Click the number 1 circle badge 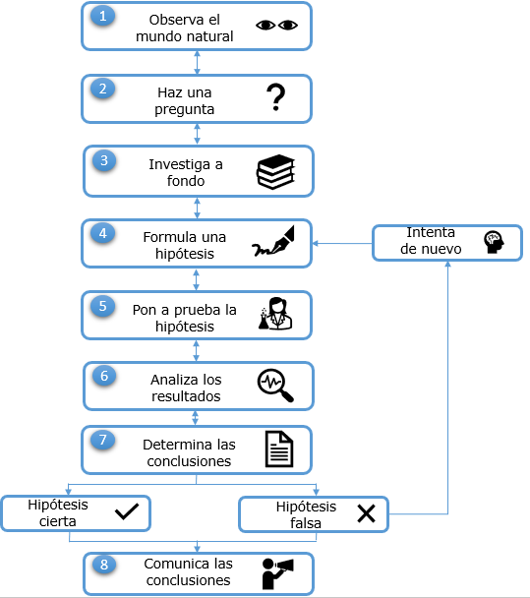pyautogui.click(x=102, y=17)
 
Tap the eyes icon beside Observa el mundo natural pyautogui.click(x=276, y=26)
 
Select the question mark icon pyautogui.click(x=275, y=97)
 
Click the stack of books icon pyautogui.click(x=275, y=172)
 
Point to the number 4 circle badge pyautogui.click(x=102, y=233)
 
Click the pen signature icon pyautogui.click(x=273, y=241)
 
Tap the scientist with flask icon pyautogui.click(x=275, y=314)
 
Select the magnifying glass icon pyautogui.click(x=275, y=386)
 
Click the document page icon pyautogui.click(x=279, y=448)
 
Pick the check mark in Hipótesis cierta pyautogui.click(x=127, y=511)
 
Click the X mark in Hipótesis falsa pyautogui.click(x=366, y=513)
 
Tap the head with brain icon pyautogui.click(x=494, y=242)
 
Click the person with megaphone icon pyautogui.click(x=277, y=573)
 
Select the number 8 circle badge pyautogui.click(x=104, y=565)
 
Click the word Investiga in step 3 pyautogui.click(x=179, y=164)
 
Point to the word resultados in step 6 pyautogui.click(x=186, y=396)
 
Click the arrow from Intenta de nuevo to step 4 pyautogui.click(x=342, y=243)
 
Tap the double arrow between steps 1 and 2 pyautogui.click(x=197, y=63)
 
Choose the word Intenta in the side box pyautogui.click(x=431, y=232)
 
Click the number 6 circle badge pyautogui.click(x=104, y=376)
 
